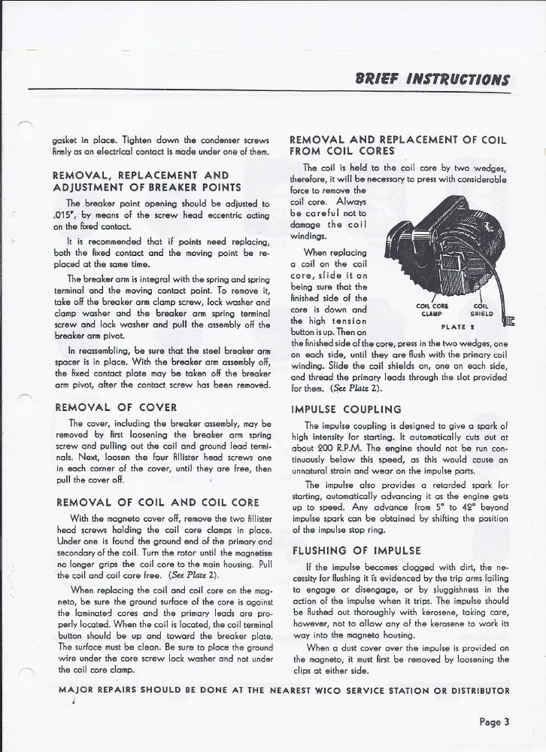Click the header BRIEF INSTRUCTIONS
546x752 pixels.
[x=445, y=79]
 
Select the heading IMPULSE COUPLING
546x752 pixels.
[x=346, y=410]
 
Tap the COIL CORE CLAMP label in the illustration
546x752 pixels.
[x=432, y=310]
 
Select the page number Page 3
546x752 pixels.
[x=494, y=722]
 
